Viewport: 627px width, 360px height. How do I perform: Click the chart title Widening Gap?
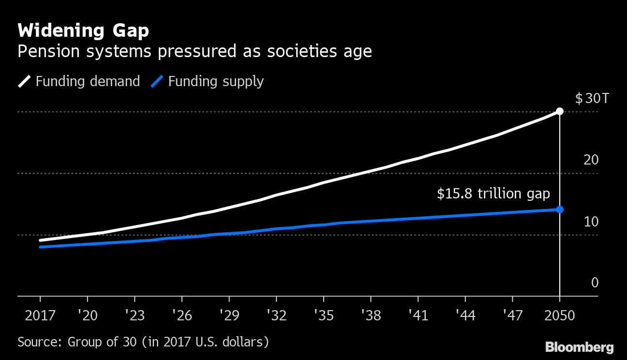83,31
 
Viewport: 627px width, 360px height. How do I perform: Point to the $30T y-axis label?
592,99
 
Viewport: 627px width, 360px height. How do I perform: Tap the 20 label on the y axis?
591,160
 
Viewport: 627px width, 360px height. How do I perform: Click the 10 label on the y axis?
591,222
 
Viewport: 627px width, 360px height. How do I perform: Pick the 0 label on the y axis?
595,283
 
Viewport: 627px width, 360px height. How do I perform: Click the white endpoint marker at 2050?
560,111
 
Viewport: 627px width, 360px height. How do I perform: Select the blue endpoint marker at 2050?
560,209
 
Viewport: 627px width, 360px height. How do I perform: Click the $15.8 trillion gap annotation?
493,194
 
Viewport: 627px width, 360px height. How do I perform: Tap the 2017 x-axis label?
40,316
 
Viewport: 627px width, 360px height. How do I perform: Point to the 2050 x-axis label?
560,316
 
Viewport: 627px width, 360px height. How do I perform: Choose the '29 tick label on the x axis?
228,316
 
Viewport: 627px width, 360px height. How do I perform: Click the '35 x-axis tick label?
323,316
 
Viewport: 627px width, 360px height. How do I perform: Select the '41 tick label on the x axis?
418,316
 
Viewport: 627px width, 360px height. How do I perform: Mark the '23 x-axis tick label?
134,316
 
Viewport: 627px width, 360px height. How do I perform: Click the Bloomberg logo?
579,347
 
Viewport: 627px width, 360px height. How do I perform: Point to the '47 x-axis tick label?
512,316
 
